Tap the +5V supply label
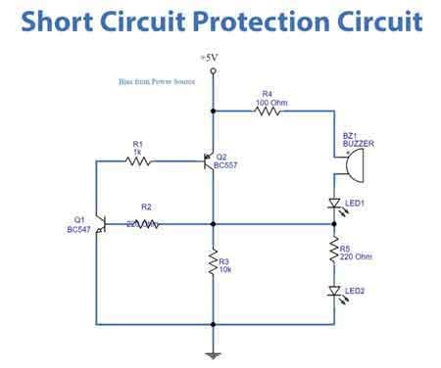pos(209,59)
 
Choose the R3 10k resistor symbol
pos(211,263)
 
